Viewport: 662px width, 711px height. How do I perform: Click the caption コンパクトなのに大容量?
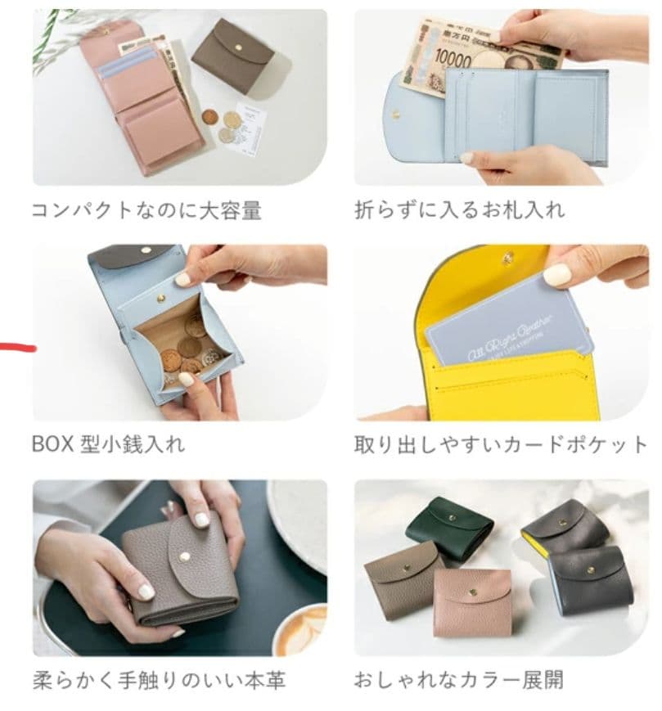[x=146, y=210]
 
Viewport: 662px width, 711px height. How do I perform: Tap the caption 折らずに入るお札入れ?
[x=459, y=209]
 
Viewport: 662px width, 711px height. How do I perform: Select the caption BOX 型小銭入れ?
[x=108, y=444]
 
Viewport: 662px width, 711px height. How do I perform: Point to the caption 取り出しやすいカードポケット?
[x=501, y=444]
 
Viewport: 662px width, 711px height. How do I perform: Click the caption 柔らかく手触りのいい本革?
[x=159, y=681]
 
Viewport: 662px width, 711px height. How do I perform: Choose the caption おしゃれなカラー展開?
[x=458, y=680]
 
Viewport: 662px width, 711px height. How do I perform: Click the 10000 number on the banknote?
[x=453, y=59]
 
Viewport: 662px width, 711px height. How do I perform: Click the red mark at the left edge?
[x=17, y=348]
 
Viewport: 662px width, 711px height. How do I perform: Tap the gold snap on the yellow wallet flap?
[x=508, y=259]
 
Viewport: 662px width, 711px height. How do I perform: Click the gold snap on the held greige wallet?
[x=185, y=556]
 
